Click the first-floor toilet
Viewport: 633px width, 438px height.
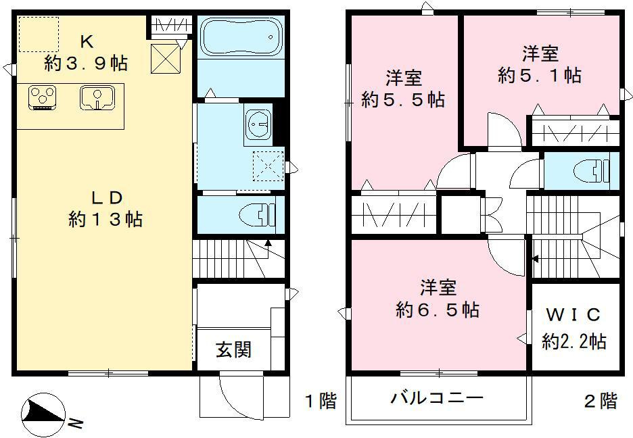click(x=257, y=216)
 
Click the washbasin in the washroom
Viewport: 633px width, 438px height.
click(x=257, y=124)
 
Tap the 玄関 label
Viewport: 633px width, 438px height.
click(x=233, y=349)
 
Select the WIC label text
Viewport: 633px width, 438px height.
click(x=573, y=315)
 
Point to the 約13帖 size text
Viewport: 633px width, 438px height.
click(x=105, y=219)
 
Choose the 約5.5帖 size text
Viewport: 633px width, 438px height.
click(x=403, y=100)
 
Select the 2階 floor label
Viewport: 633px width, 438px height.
click(x=601, y=401)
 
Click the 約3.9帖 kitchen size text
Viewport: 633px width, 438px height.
click(x=86, y=64)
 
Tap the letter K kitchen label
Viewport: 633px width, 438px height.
click(x=87, y=42)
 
